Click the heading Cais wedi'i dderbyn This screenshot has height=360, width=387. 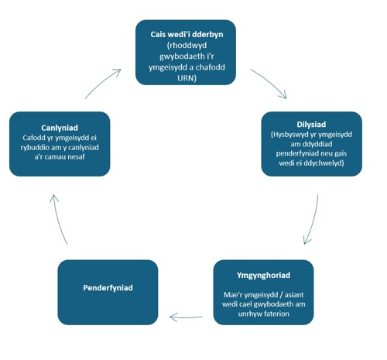click(x=187, y=34)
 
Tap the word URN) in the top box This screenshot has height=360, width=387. click(x=187, y=78)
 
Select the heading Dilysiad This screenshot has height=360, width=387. click(x=311, y=125)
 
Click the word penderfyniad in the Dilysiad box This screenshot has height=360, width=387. click(x=297, y=153)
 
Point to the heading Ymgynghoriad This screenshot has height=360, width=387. click(x=263, y=276)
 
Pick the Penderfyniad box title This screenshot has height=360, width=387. click(x=108, y=288)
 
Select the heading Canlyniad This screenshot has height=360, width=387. click(x=60, y=128)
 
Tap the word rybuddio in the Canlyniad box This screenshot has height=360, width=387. click(x=35, y=148)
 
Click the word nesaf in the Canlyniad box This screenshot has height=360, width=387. click(x=76, y=157)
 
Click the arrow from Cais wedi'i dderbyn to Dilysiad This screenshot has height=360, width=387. click(x=269, y=82)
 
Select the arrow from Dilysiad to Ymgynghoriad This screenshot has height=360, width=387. click(x=313, y=219)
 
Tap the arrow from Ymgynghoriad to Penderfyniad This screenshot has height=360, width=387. click(x=186, y=317)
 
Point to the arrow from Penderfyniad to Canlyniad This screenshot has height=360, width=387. click(x=57, y=219)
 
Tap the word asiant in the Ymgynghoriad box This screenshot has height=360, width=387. click(x=294, y=295)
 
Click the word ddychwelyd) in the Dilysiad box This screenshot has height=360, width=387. click(x=324, y=163)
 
